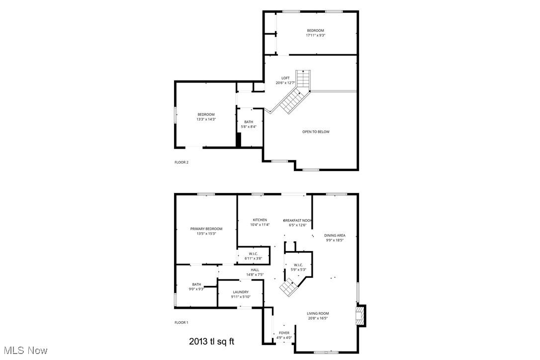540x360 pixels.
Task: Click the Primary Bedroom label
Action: (x=206, y=229)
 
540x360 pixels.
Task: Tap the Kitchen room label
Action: (x=260, y=220)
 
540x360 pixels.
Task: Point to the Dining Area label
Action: (x=335, y=235)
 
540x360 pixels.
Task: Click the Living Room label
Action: (x=318, y=313)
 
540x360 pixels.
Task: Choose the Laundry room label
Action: (x=240, y=292)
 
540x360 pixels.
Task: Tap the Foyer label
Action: (x=284, y=333)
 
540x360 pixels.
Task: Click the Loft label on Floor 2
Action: (x=285, y=78)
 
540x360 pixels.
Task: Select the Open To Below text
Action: (x=316, y=132)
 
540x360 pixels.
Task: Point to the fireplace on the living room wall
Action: (x=360, y=315)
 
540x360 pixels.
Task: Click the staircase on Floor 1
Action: (x=288, y=286)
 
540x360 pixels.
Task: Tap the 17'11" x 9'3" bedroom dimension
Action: (x=316, y=35)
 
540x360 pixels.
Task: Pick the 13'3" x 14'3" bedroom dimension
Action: (x=206, y=119)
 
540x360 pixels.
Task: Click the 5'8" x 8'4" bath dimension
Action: (x=248, y=127)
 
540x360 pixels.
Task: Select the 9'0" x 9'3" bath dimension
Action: (x=196, y=289)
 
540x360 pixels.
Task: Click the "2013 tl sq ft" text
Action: (x=211, y=342)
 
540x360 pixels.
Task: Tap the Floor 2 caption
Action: (x=181, y=162)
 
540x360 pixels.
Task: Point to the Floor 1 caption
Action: (x=181, y=323)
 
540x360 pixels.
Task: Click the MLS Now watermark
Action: (x=24, y=351)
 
